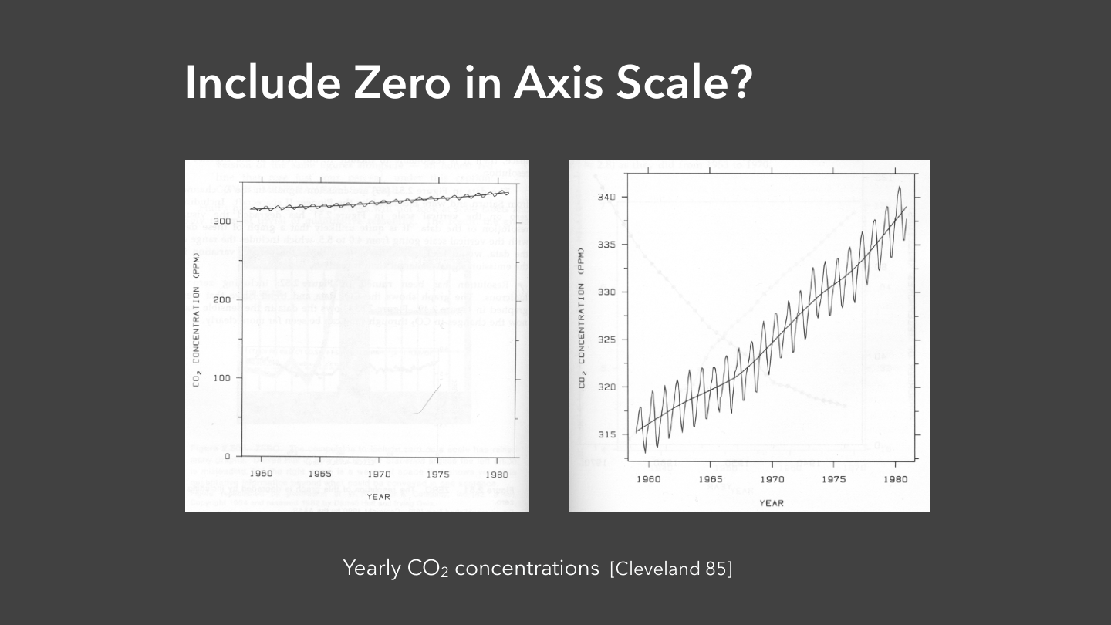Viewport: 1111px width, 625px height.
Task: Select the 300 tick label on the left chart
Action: pyautogui.click(x=221, y=221)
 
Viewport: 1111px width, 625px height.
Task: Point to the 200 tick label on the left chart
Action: pyautogui.click(x=221, y=299)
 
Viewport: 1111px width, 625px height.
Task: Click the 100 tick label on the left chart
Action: pyautogui.click(x=221, y=378)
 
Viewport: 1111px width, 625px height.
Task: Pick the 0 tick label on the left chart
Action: pyautogui.click(x=228, y=456)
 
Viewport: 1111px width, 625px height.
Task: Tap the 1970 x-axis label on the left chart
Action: pyautogui.click(x=379, y=474)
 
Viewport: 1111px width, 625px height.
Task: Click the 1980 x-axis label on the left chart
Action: pyautogui.click(x=498, y=474)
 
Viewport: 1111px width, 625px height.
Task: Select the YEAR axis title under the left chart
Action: pyautogui.click(x=379, y=497)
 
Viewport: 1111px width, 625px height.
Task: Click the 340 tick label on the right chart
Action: pyautogui.click(x=606, y=198)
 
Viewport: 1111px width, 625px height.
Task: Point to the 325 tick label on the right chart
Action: pyautogui.click(x=606, y=340)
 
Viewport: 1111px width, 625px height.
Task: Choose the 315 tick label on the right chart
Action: pyautogui.click(x=606, y=434)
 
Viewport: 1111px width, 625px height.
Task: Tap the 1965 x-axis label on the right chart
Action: pyautogui.click(x=710, y=479)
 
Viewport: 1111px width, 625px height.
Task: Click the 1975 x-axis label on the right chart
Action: pyautogui.click(x=833, y=479)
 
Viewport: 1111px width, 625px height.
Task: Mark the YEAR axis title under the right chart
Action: pyautogui.click(x=772, y=503)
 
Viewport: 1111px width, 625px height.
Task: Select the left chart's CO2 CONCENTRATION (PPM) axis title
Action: pyautogui.click(x=197, y=319)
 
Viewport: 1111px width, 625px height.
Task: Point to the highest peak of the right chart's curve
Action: pyautogui.click(x=899, y=187)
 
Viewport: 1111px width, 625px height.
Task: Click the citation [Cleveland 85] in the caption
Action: pyautogui.click(x=670, y=569)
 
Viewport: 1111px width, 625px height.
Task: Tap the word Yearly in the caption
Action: pyautogui.click(x=372, y=569)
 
